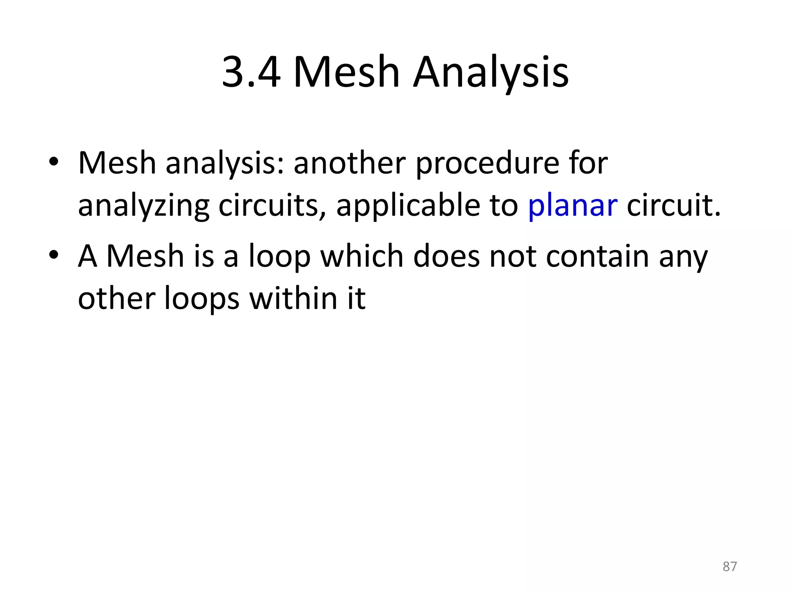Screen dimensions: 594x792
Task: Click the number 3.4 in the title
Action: pyautogui.click(x=251, y=72)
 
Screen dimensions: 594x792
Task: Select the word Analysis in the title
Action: pyautogui.click(x=491, y=72)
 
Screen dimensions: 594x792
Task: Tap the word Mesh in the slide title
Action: pyautogui.click(x=346, y=72)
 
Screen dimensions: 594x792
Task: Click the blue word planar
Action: pyautogui.click(x=572, y=205)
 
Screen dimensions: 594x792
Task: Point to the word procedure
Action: pyautogui.click(x=487, y=164)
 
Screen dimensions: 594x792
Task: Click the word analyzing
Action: pyautogui.click(x=143, y=205)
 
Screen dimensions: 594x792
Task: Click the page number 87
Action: pyautogui.click(x=730, y=567)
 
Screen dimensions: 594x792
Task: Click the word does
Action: pyautogui.click(x=446, y=256)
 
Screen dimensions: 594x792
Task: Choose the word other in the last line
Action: pyautogui.click(x=116, y=299)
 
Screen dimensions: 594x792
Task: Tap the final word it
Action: pyautogui.click(x=356, y=299)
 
